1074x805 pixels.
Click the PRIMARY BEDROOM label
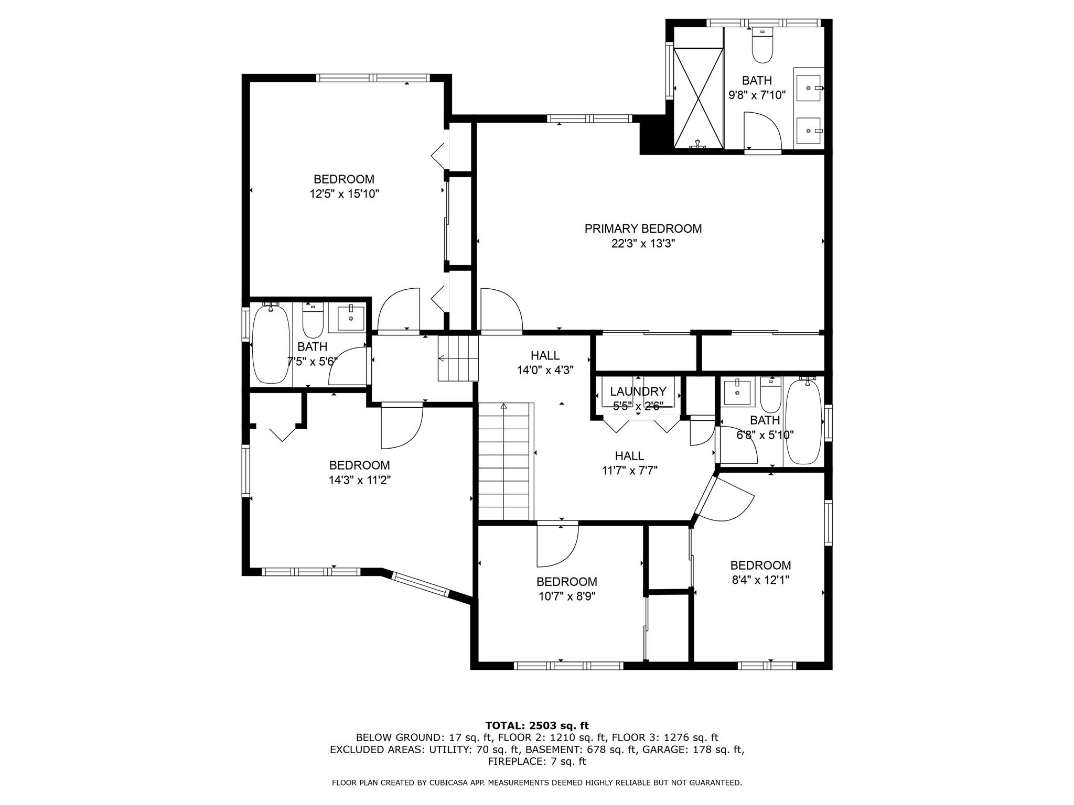pyautogui.click(x=643, y=229)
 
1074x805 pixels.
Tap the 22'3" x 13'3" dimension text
pyautogui.click(x=643, y=243)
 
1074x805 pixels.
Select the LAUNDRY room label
pyautogui.click(x=638, y=391)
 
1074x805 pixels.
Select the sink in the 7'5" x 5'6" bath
pyautogui.click(x=351, y=318)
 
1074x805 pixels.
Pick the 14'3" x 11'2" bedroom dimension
pyautogui.click(x=360, y=480)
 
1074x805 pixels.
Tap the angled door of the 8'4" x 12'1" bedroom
pyautogui.click(x=724, y=497)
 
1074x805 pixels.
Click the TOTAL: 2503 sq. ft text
pyautogui.click(x=537, y=725)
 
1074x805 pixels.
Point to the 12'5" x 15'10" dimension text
pyautogui.click(x=344, y=194)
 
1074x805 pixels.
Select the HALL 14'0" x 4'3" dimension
pyautogui.click(x=545, y=370)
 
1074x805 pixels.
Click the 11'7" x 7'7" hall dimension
pyautogui.click(x=629, y=470)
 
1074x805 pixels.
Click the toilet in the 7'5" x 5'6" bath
pyautogui.click(x=313, y=321)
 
